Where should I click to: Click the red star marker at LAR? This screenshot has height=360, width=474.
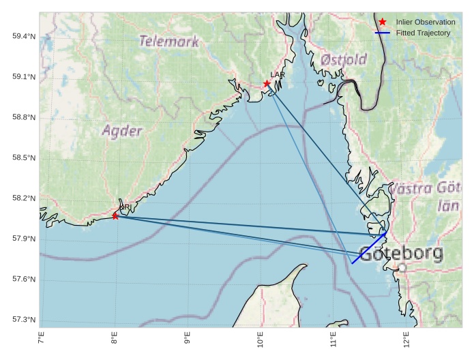(267, 84)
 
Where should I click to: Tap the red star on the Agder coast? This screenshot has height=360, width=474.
(115, 215)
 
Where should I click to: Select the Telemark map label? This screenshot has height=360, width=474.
(169, 41)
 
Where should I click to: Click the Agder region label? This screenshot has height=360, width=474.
(122, 131)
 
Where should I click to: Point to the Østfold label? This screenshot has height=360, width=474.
(344, 59)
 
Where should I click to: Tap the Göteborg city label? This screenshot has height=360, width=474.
(400, 254)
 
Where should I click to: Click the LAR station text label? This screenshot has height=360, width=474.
(278, 74)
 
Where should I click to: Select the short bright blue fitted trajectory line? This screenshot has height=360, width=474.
(369, 247)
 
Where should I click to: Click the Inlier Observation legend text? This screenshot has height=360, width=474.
(426, 22)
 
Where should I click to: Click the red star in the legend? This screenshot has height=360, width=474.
(382, 22)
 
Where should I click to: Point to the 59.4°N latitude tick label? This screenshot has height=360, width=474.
(24, 36)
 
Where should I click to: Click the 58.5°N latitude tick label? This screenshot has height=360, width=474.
(24, 158)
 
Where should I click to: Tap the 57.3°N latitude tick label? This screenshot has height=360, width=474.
(24, 320)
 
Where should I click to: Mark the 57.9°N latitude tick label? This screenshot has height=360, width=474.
(24, 239)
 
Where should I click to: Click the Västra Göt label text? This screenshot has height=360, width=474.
(429, 188)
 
